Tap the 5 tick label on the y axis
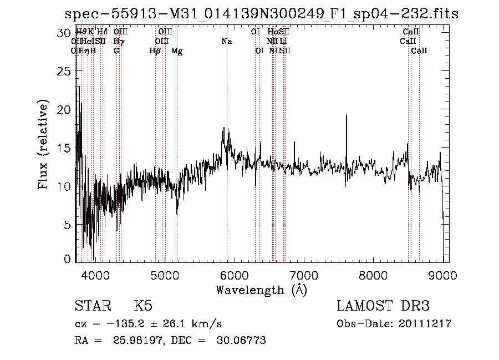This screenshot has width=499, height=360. click(67, 225)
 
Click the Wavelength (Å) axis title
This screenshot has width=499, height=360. click(261, 290)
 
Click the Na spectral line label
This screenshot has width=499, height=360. click(226, 41)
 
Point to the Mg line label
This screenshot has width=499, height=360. click(177, 50)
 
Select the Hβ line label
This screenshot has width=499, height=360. click(155, 50)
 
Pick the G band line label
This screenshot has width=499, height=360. click(116, 50)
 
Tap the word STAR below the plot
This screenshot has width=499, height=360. click(92, 306)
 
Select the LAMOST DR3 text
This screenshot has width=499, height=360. click(383, 306)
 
